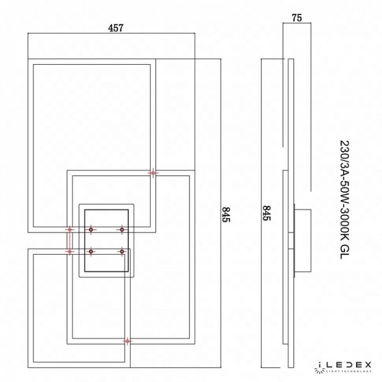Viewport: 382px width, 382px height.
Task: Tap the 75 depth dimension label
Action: [297, 17]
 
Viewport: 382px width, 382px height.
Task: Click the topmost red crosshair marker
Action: [153, 173]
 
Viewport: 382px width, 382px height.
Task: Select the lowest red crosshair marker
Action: [128, 342]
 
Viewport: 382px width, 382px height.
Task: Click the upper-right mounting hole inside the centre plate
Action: [121, 229]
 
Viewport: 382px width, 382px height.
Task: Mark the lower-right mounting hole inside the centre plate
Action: [121, 251]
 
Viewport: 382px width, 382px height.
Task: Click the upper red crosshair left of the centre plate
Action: [70, 229]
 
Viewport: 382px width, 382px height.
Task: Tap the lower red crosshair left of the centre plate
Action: [70, 251]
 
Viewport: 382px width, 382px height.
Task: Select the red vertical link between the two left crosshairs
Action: [70, 240]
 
